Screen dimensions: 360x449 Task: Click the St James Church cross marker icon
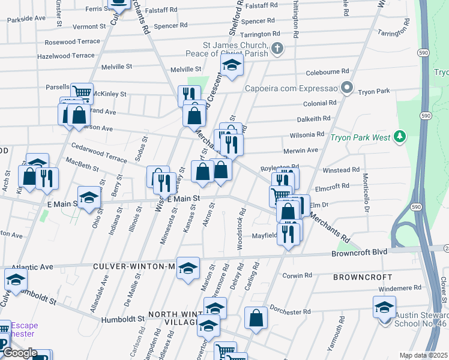pos(277,49)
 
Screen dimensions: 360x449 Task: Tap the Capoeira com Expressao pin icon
pos(347,89)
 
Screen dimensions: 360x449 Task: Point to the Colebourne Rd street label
pos(328,71)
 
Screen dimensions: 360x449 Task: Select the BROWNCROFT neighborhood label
pos(364,278)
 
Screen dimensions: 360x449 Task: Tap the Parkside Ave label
pos(26,19)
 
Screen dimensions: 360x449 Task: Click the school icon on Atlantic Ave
pos(16,278)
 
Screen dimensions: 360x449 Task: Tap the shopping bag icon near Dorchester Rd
pos(256,319)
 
